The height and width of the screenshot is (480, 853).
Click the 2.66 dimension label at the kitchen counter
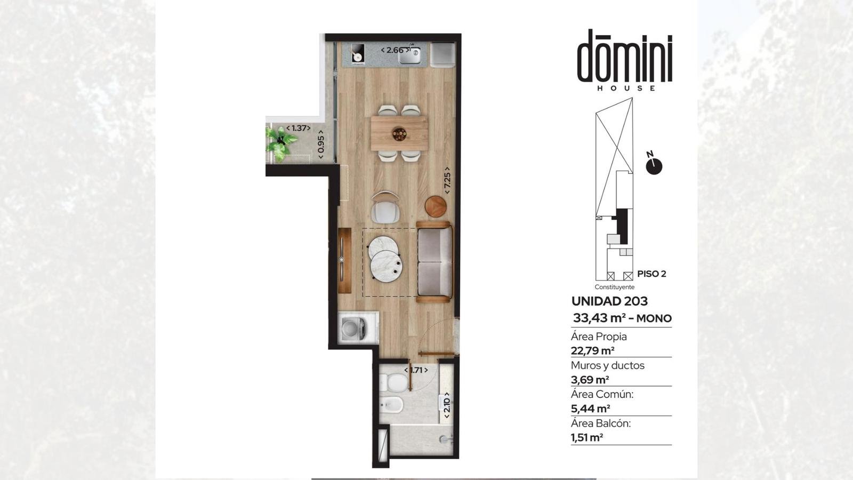click(395, 50)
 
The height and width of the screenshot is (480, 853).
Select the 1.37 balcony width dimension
click(299, 128)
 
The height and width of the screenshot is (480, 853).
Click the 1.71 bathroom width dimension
click(416, 370)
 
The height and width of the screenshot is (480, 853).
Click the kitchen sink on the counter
click(410, 55)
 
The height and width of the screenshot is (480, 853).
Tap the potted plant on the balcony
click(281, 143)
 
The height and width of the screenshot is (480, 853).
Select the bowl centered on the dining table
click(399, 134)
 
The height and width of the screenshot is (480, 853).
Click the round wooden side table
click(436, 206)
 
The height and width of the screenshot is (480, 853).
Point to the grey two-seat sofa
click(435, 262)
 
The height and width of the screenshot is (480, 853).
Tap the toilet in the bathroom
click(393, 382)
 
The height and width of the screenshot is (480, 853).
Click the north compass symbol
click(654, 165)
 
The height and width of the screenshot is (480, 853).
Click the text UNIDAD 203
click(609, 301)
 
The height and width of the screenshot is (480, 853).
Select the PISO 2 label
click(651, 274)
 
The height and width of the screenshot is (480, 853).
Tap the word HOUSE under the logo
click(626, 89)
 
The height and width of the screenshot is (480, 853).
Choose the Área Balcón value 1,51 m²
click(587, 438)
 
